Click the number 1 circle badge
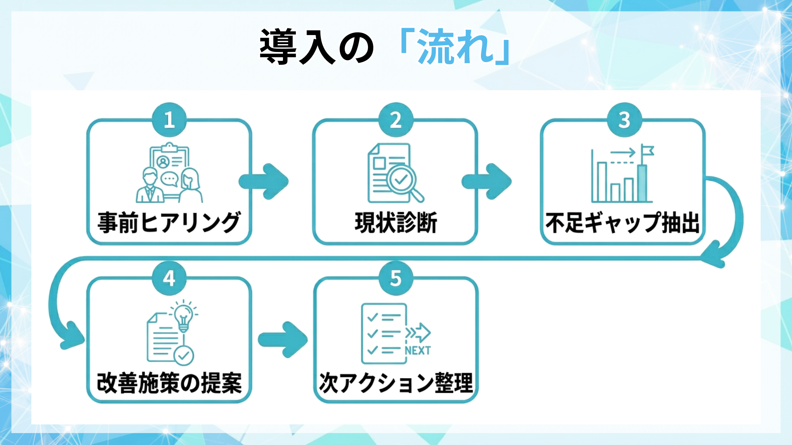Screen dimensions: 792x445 click(169, 119)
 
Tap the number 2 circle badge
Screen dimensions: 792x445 click(396, 119)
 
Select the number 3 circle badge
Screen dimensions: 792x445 click(624, 119)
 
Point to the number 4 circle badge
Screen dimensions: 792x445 click(169, 278)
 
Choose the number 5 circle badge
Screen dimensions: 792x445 click(396, 278)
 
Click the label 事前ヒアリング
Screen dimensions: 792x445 click(169, 222)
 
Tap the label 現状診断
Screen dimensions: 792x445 click(396, 222)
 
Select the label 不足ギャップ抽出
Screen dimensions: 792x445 click(622, 222)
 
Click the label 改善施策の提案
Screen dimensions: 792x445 click(169, 383)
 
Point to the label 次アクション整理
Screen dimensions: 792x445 click(396, 383)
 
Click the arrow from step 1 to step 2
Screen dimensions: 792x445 click(264, 181)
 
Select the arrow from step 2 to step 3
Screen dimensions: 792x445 click(487, 181)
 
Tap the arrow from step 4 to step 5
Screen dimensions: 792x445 click(283, 340)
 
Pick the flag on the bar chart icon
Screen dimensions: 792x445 click(647, 152)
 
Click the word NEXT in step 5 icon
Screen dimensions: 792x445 click(417, 351)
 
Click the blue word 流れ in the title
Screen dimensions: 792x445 click(456, 47)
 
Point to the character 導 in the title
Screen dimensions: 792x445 click(278, 47)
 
